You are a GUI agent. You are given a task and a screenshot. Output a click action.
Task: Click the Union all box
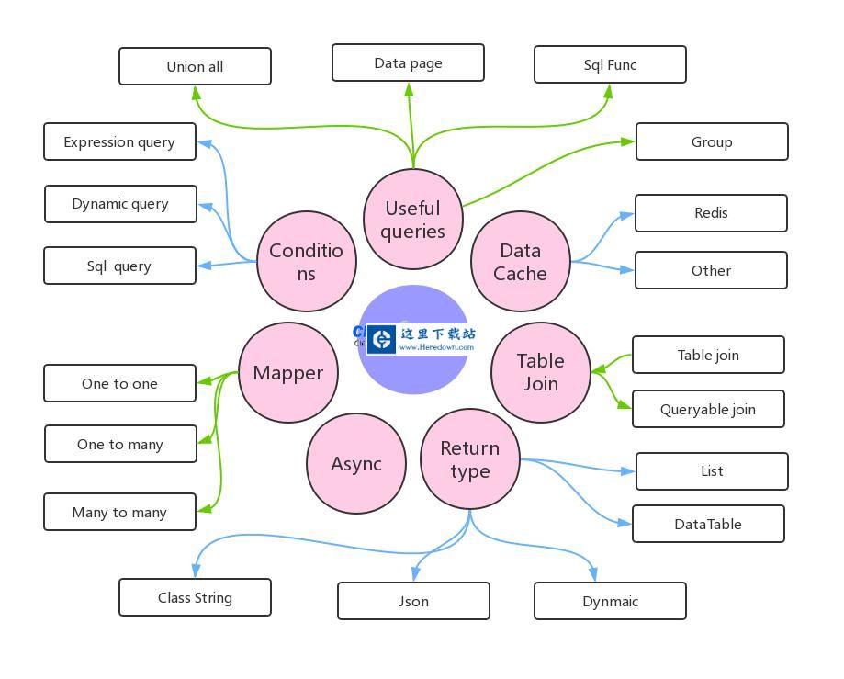click(195, 66)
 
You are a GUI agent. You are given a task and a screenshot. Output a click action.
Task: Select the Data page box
click(408, 62)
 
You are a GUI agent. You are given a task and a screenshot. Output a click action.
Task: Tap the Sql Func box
click(610, 64)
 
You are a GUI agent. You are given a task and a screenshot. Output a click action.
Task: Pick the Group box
click(712, 141)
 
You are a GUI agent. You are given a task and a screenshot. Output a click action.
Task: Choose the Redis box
click(711, 213)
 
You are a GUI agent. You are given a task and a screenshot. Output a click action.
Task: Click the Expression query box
click(119, 141)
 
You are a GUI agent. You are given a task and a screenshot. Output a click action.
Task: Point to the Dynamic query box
click(120, 204)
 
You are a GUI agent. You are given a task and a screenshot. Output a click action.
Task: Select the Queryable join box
click(708, 409)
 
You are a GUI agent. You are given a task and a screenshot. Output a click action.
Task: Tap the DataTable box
click(708, 524)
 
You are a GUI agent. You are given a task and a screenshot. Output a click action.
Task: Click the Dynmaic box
click(610, 601)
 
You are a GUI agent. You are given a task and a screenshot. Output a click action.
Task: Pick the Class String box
click(195, 597)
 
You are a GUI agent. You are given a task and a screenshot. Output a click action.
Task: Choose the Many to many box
click(119, 512)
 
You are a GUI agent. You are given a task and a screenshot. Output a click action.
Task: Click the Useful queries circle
click(413, 220)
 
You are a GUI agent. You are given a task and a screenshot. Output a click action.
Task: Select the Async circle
click(356, 464)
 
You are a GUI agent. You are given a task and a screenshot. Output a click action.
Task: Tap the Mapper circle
click(288, 372)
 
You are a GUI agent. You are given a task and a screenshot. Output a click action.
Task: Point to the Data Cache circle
click(521, 262)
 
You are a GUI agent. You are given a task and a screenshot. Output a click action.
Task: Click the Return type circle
click(470, 459)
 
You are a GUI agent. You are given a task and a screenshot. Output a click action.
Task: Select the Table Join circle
click(541, 372)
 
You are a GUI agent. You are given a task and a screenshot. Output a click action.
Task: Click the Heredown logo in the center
click(421, 339)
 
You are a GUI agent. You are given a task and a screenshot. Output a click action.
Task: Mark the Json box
click(413, 601)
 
